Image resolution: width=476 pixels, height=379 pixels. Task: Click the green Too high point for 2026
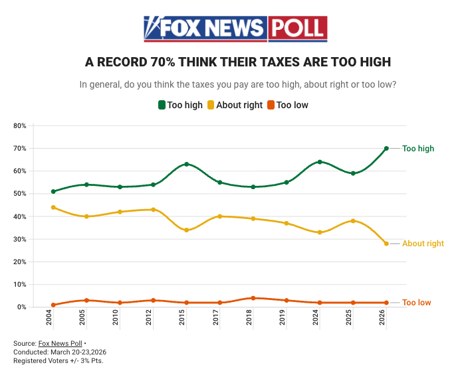[x=386, y=149]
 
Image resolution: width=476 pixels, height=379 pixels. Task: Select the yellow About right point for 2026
[x=386, y=244]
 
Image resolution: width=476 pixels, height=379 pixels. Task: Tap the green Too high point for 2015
[x=187, y=164]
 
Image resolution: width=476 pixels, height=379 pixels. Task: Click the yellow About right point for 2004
[x=53, y=207]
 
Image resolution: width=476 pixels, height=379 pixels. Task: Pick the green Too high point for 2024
[x=320, y=162]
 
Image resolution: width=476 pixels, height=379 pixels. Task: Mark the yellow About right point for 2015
[x=187, y=230]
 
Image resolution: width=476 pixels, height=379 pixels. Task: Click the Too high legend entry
[x=179, y=105]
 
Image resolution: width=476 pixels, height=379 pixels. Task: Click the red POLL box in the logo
[x=298, y=29]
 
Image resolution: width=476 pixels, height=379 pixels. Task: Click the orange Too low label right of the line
[x=416, y=303]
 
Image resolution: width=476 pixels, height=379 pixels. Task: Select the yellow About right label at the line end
[x=423, y=244]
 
